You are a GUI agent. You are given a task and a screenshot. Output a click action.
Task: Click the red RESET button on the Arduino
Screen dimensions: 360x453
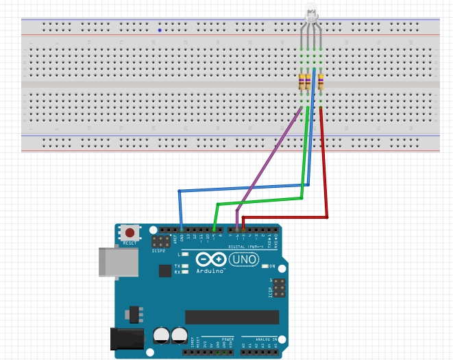tap(130, 232)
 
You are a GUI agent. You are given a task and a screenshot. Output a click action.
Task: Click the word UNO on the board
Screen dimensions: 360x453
tap(243, 260)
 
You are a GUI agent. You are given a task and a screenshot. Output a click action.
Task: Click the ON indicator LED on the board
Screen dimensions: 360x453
tap(265, 266)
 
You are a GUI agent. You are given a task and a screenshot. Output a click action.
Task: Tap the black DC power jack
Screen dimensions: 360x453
tap(127, 338)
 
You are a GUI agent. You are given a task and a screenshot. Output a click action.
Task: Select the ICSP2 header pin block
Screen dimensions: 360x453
tap(162, 242)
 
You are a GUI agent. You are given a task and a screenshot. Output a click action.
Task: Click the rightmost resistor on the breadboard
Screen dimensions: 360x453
tap(321, 84)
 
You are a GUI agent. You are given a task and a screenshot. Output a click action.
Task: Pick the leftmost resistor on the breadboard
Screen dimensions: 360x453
tap(302, 84)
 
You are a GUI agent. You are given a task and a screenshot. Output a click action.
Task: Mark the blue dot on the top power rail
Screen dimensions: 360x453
tap(160, 30)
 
